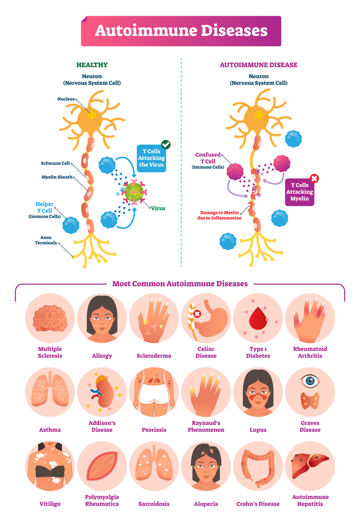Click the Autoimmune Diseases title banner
(x=181, y=31)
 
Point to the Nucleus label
(x=66, y=98)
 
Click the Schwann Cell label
(x=55, y=163)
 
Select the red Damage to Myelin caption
(x=222, y=215)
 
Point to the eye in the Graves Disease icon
(x=310, y=381)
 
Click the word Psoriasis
(x=154, y=429)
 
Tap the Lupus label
(x=257, y=429)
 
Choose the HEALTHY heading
(x=92, y=65)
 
